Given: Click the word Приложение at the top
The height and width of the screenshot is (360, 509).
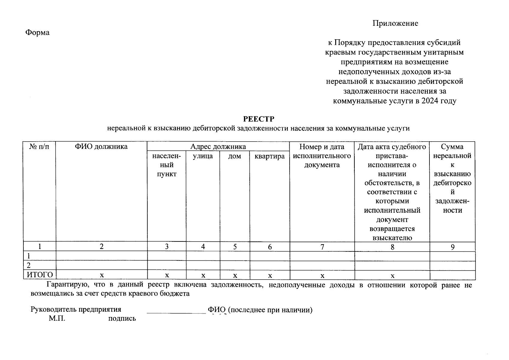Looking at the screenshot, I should [x=395, y=23].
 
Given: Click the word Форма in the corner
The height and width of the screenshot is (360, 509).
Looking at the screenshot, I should [x=37, y=32].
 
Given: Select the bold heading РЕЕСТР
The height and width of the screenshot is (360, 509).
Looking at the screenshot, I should [x=258, y=119].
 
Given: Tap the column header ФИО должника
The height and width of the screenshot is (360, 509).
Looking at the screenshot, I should [x=101, y=147].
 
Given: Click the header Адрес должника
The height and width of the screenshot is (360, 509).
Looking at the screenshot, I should [x=218, y=147].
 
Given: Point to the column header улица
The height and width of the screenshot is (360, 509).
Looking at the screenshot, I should [x=203, y=156].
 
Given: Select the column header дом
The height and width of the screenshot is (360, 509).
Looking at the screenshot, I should [x=234, y=156].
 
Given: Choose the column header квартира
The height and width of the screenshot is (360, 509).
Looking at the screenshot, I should [x=269, y=156].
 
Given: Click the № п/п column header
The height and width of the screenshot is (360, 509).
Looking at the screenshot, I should [x=39, y=147].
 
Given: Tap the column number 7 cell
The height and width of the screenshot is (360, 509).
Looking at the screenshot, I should [x=322, y=247].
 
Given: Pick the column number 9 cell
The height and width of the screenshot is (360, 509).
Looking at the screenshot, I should [x=452, y=247].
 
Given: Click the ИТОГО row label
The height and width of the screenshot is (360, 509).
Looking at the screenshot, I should [x=40, y=275].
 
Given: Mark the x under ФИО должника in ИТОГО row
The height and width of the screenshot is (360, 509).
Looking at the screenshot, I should [x=102, y=275].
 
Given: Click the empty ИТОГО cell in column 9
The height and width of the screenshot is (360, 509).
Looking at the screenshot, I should [x=452, y=275].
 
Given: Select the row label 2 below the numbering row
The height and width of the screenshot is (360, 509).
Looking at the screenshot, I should [x=29, y=265].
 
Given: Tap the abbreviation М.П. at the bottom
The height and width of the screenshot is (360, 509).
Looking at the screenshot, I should [x=57, y=318].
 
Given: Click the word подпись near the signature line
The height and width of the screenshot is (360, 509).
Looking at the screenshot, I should [x=122, y=319].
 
